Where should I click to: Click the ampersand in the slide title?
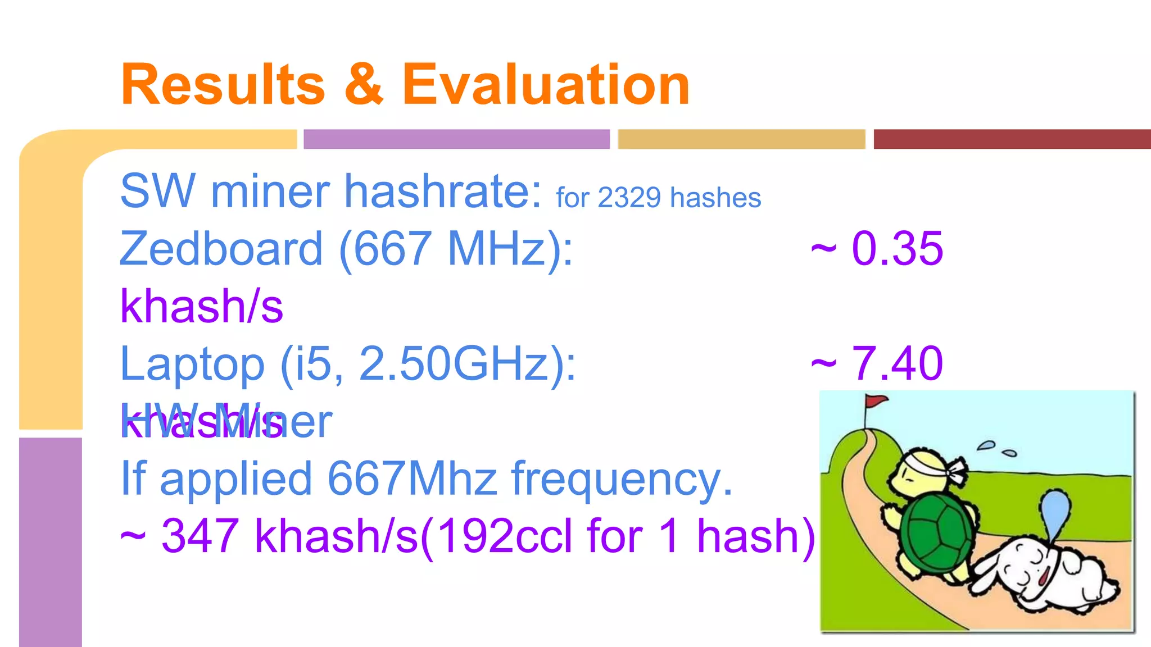pyautogui.click(x=364, y=85)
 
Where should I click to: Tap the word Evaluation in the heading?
pyautogui.click(x=546, y=85)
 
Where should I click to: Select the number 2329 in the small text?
pyautogui.click(x=629, y=198)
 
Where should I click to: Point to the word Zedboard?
pyautogui.click(x=221, y=249)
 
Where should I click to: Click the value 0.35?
pyautogui.click(x=897, y=249)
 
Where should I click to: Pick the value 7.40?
pyautogui.click(x=897, y=364)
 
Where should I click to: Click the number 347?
pyautogui.click(x=200, y=536)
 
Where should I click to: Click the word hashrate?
pyautogui.click(x=443, y=192)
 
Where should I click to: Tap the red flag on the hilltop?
pyautogui.click(x=875, y=401)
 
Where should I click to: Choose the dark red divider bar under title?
pyautogui.click(x=1012, y=139)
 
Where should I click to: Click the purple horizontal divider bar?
pyautogui.click(x=456, y=139)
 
